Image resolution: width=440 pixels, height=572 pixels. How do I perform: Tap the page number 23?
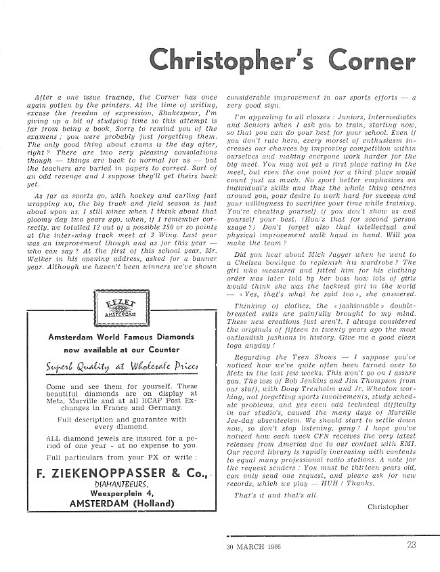(412, 544)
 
